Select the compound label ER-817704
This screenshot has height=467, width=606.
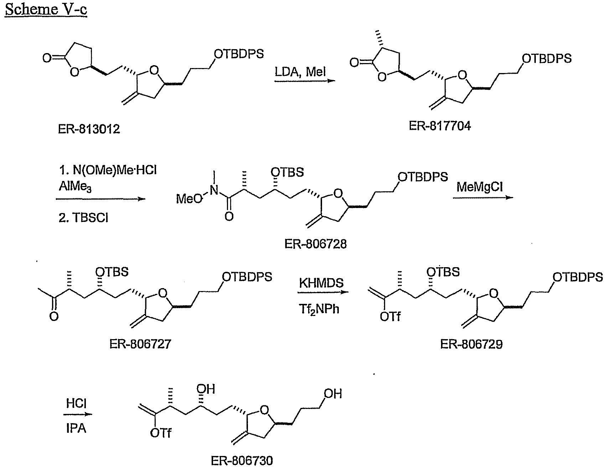439,126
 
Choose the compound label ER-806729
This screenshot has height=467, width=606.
471,344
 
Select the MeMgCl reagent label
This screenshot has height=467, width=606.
481,187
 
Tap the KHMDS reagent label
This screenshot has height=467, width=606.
321,283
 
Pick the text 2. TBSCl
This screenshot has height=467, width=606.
83,217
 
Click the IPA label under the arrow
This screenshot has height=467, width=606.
76,427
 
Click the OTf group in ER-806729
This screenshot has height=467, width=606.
390,317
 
